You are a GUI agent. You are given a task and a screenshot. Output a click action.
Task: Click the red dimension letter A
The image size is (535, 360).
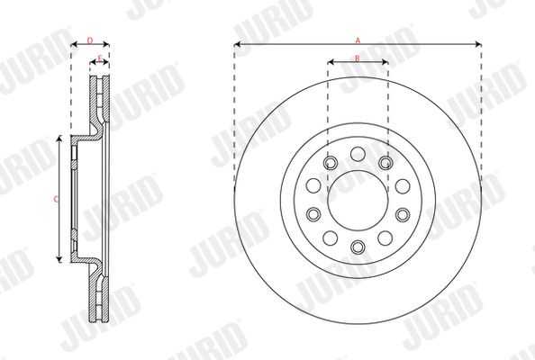(x=358, y=40)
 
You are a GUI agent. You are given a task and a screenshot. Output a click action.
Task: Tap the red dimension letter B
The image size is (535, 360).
(x=358, y=58)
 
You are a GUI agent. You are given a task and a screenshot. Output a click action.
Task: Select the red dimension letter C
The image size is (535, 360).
(x=57, y=199)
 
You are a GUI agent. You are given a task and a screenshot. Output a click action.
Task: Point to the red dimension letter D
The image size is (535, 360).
(x=90, y=40)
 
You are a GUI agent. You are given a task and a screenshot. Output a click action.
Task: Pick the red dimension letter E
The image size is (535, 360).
(x=100, y=58)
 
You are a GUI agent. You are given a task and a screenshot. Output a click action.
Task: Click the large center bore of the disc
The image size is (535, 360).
(x=358, y=201)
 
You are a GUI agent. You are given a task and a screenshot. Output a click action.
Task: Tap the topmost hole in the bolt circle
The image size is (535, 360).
(x=358, y=154)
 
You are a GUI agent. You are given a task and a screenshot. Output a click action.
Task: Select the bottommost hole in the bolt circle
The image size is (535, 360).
(x=358, y=247)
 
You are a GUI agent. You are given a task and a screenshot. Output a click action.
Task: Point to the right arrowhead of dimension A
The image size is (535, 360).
(x=478, y=44)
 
